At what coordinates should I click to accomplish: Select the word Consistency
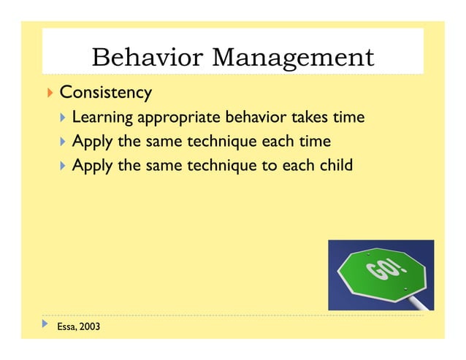pos(105,93)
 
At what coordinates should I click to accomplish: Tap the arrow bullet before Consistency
pos(50,93)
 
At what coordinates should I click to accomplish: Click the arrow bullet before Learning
pos(64,118)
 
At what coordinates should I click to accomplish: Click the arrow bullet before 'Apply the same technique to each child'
pos(64,166)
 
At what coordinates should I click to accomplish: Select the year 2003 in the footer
pos(90,326)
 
